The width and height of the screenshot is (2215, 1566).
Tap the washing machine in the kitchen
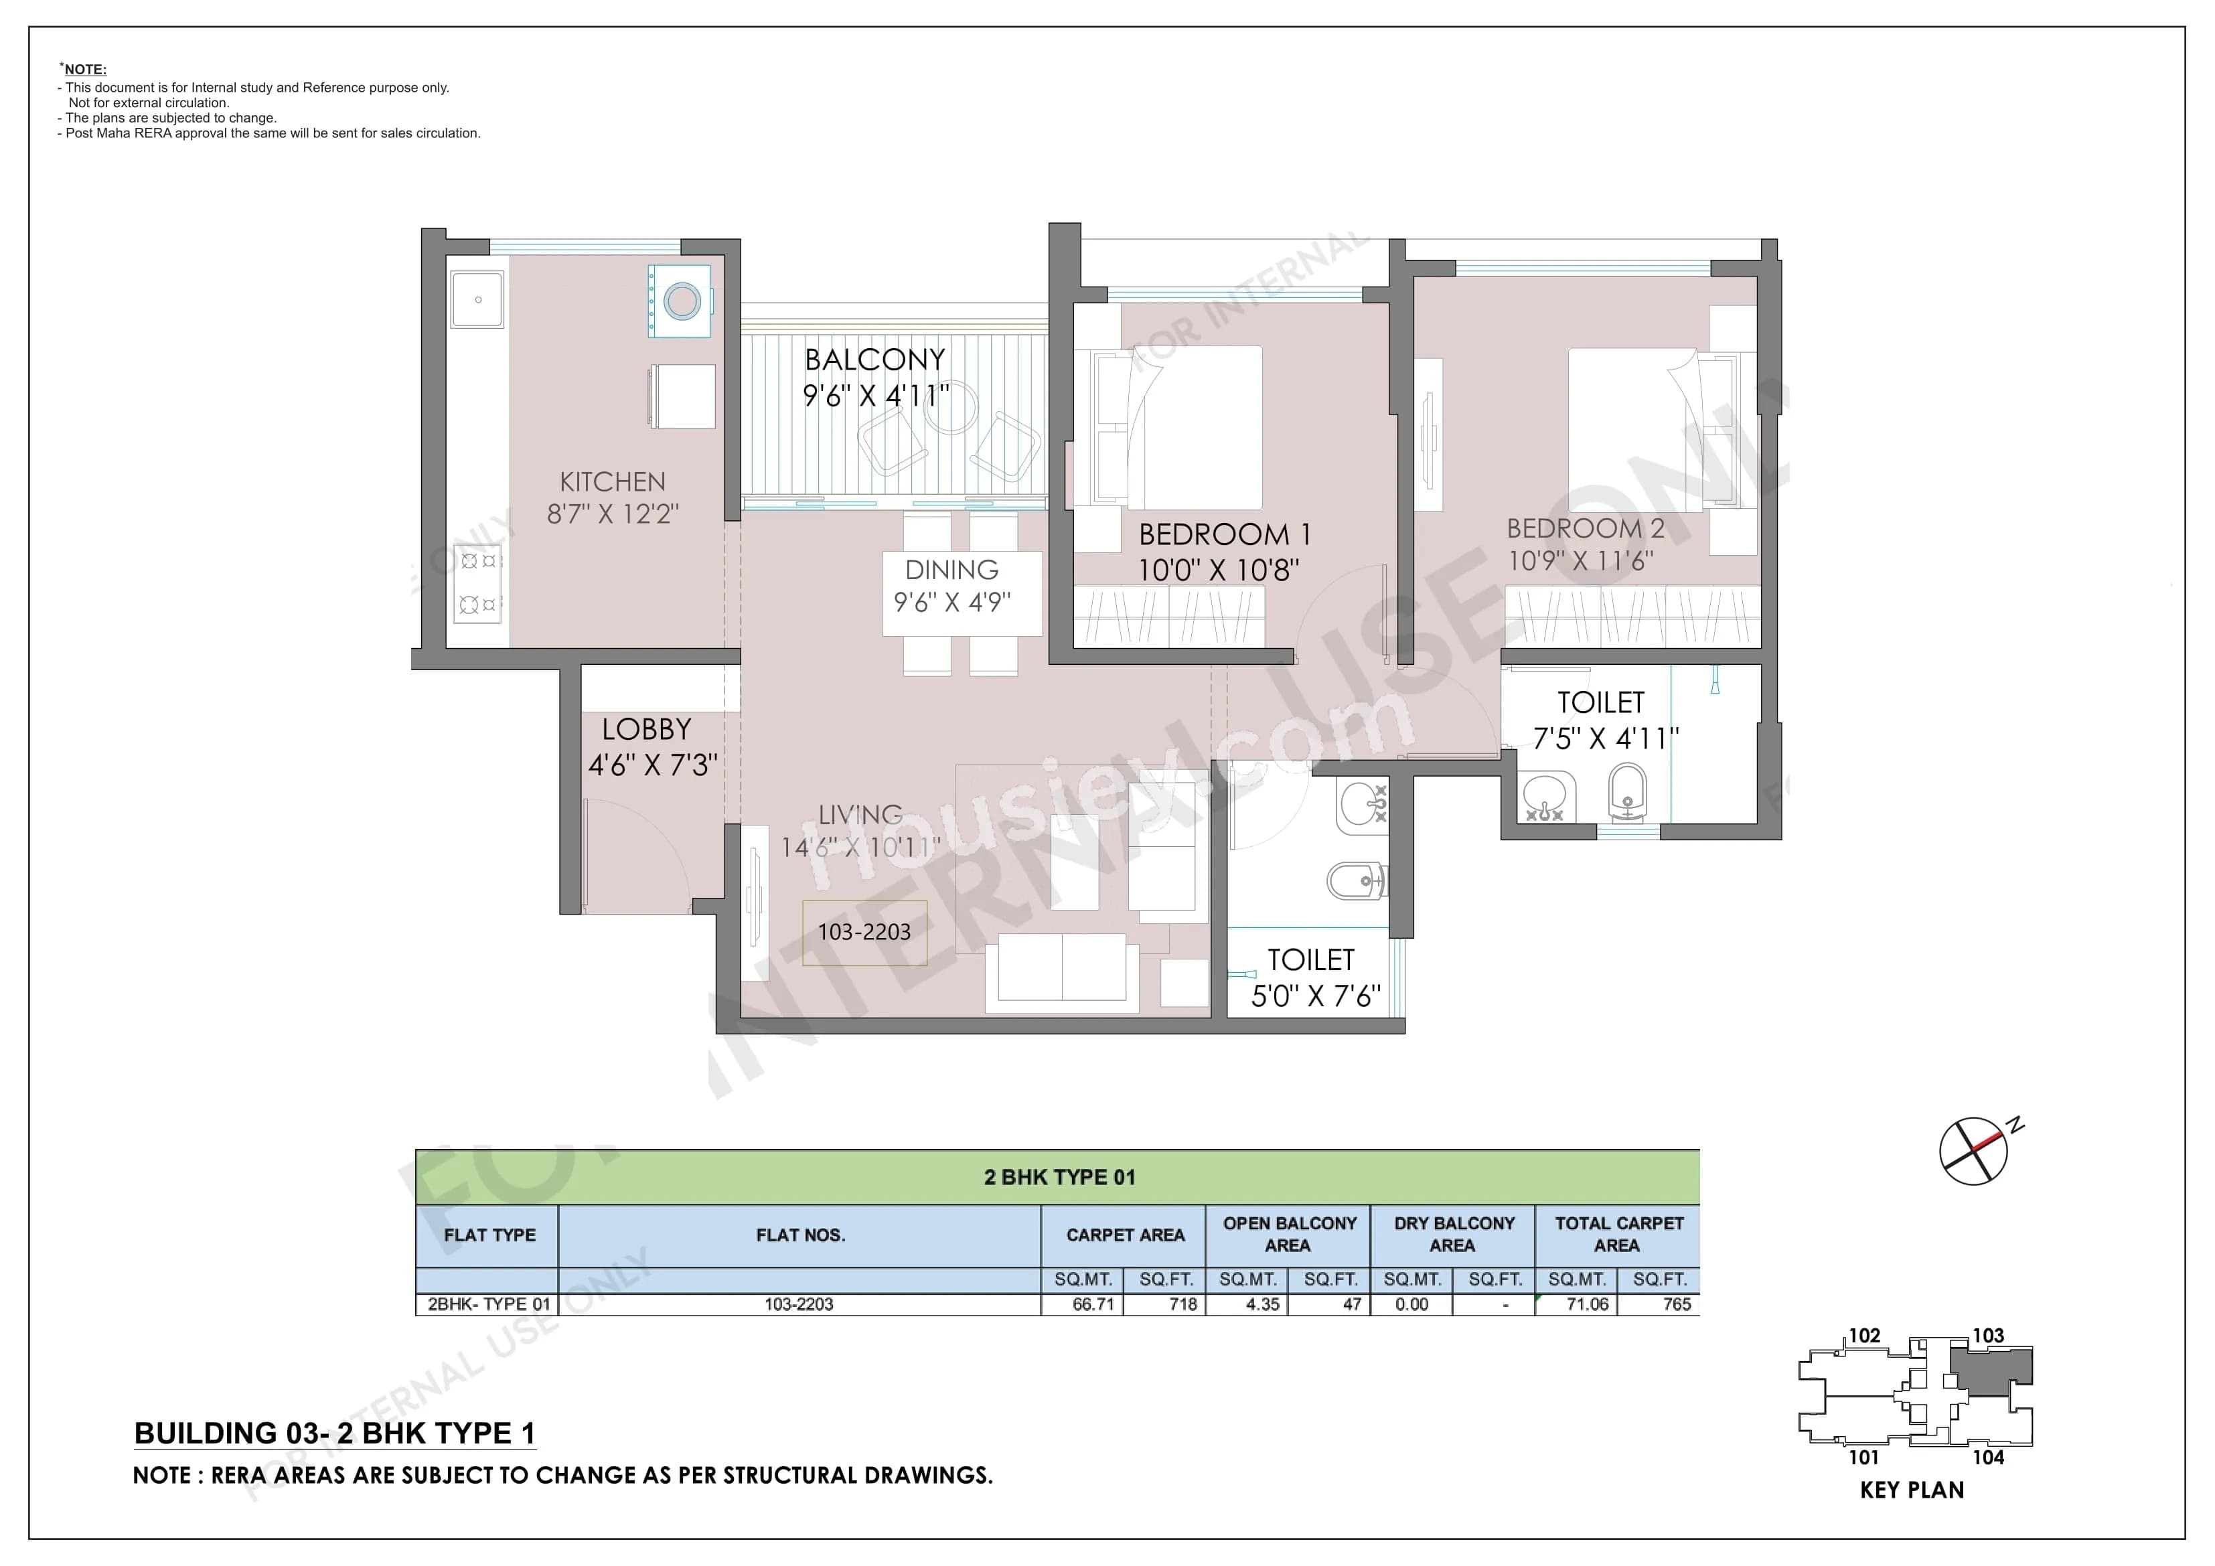coord(681,301)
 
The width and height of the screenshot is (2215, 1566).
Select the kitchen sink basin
coord(477,299)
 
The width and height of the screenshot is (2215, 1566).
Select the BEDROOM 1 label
coord(1223,534)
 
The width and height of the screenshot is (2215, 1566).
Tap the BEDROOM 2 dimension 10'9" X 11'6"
coord(1580,560)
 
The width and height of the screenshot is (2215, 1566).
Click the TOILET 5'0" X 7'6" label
coord(1314,976)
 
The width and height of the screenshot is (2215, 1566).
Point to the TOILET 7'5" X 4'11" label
coord(1604,720)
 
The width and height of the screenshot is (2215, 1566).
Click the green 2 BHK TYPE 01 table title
coord(1059,1177)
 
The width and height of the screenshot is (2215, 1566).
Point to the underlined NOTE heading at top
coord(85,70)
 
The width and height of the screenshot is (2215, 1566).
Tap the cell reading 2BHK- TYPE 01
coord(488,1304)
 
